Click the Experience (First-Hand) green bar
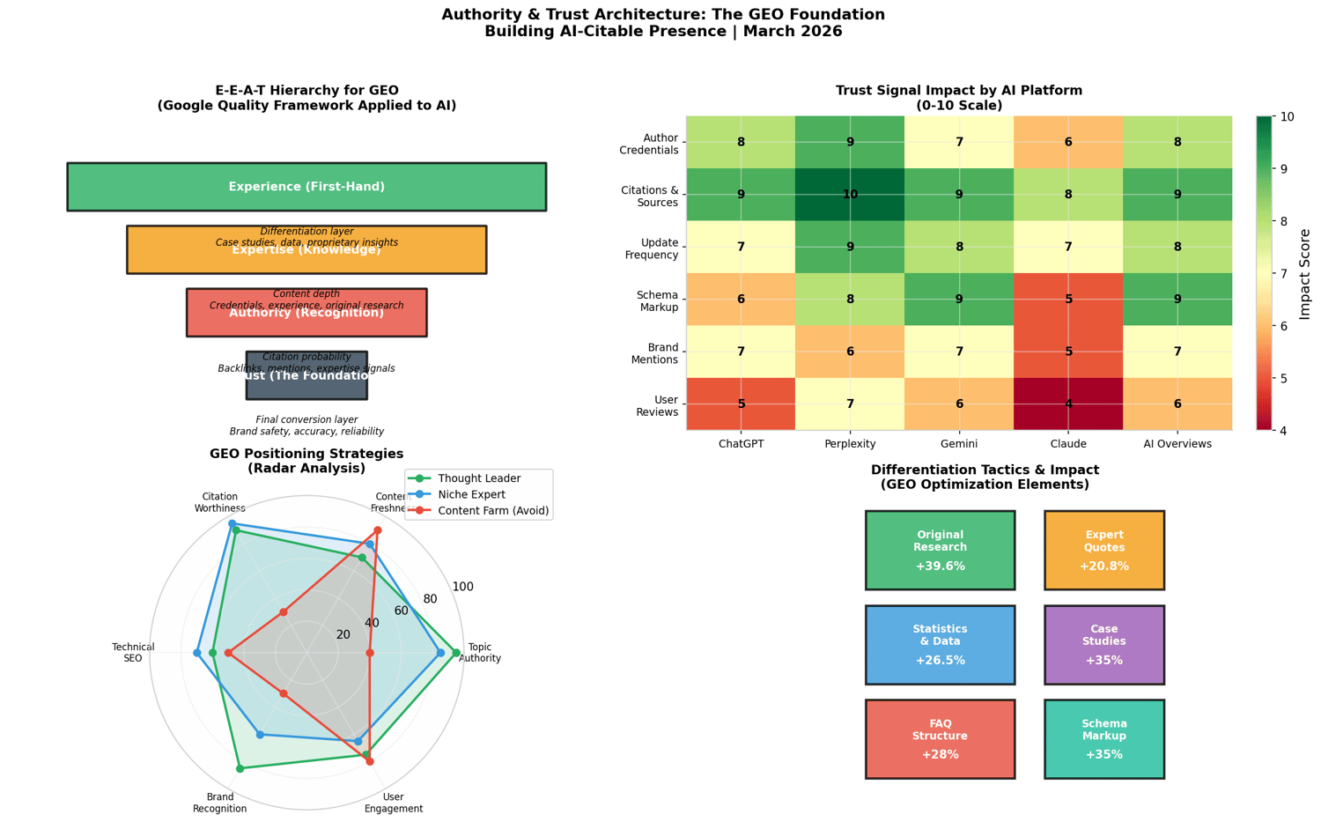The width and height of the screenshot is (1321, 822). [x=306, y=187]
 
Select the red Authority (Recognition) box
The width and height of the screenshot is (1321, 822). [x=306, y=313]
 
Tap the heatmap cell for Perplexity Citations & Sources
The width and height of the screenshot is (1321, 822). [x=850, y=194]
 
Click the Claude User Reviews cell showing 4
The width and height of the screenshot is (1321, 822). [x=1068, y=404]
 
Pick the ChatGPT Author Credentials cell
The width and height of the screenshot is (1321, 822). [x=741, y=142]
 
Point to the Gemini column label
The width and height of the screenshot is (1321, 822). [x=959, y=444]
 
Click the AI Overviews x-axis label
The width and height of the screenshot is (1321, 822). [x=1177, y=444]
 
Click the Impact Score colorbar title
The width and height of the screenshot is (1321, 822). [x=1305, y=274]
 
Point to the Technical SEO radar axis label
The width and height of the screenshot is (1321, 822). [x=133, y=653]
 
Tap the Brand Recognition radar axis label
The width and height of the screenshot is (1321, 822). [x=219, y=803]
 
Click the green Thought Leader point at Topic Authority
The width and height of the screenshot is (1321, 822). [x=456, y=653]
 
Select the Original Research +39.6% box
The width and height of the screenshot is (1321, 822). [x=940, y=550]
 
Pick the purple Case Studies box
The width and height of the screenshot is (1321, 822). [x=1104, y=645]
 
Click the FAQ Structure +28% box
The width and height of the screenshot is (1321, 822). [x=940, y=739]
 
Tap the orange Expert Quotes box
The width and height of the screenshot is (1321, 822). [x=1104, y=550]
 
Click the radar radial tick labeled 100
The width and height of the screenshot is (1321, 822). [x=462, y=588]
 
